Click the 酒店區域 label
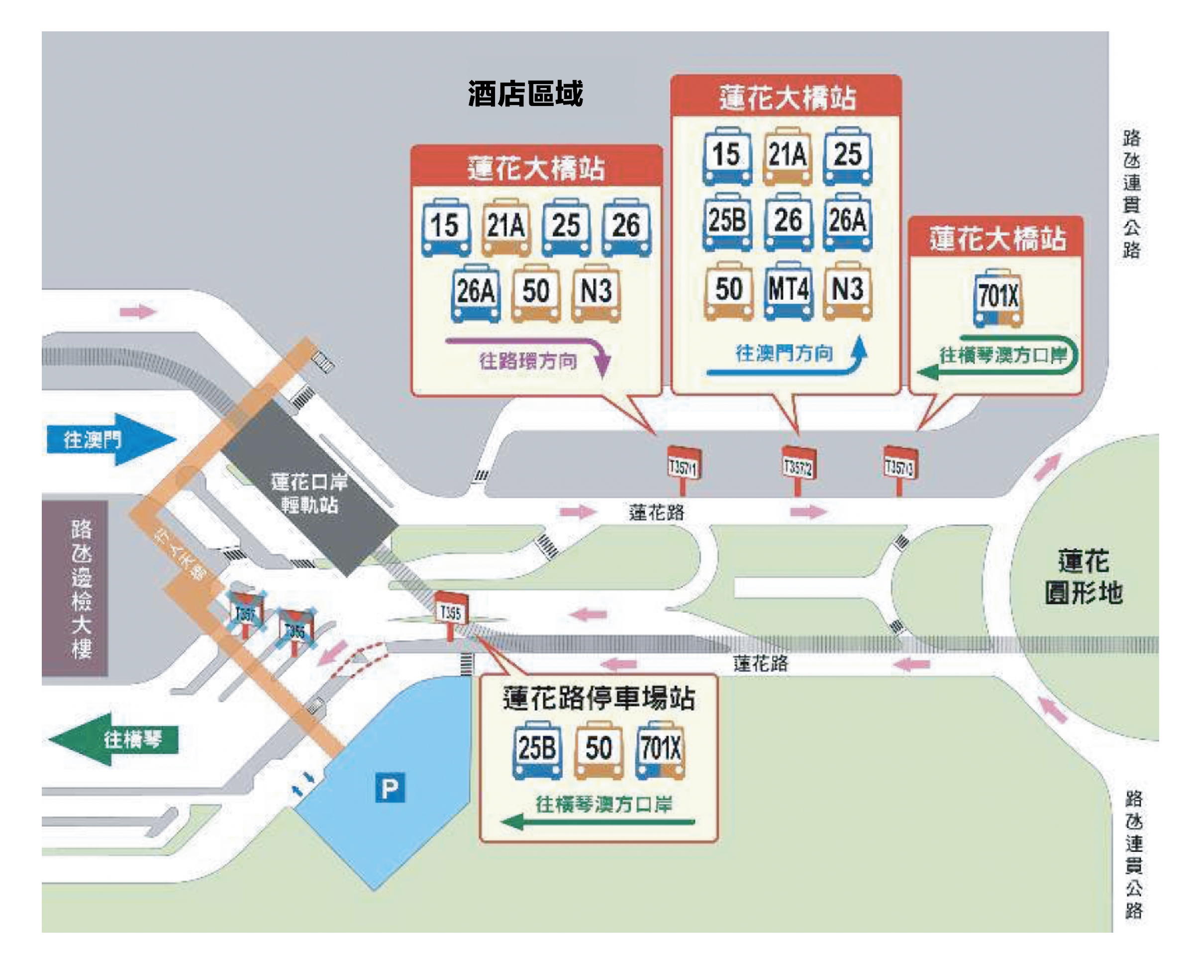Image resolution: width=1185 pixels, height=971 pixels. (525, 94)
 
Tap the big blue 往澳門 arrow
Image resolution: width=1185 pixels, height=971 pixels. (106, 440)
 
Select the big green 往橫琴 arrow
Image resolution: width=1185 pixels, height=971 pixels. (117, 739)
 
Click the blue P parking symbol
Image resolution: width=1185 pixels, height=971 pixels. (390, 788)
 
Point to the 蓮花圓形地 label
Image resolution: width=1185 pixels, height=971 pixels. (1083, 577)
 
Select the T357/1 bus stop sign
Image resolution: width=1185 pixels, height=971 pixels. (684, 466)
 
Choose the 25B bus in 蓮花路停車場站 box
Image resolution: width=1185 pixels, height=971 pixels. (537, 750)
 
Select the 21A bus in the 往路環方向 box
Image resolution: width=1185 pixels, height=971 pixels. (505, 226)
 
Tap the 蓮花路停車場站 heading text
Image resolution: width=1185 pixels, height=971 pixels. (598, 698)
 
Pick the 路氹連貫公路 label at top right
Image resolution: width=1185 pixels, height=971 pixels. (1131, 194)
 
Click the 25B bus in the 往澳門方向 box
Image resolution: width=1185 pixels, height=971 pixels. (727, 221)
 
